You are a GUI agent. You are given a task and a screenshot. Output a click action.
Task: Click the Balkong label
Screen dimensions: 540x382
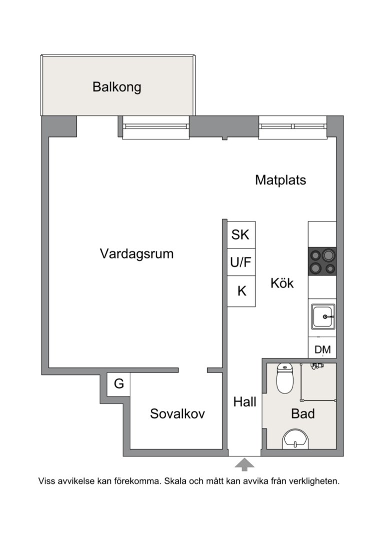(x=117, y=87)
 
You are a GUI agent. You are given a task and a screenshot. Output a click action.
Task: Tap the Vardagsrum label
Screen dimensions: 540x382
(x=136, y=253)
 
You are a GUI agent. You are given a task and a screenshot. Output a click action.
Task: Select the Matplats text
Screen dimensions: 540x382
(x=280, y=180)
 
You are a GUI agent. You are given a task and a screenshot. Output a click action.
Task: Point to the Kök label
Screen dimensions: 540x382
(x=282, y=283)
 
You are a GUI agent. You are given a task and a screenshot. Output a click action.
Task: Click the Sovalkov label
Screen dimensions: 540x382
(x=177, y=414)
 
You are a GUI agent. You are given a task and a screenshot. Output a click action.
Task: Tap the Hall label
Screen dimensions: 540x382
(x=245, y=401)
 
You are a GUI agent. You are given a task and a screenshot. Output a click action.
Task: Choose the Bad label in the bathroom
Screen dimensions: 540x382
(x=303, y=414)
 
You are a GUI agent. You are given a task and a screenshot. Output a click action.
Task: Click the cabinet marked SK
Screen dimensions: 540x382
(x=242, y=234)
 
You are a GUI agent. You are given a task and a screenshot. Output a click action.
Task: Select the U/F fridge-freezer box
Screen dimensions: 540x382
(x=242, y=262)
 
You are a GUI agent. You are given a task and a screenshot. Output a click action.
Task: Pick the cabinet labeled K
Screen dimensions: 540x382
(x=242, y=291)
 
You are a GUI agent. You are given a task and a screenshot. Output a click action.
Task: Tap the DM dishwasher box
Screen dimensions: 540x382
(x=322, y=349)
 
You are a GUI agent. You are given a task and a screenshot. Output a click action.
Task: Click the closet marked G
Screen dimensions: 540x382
(x=119, y=384)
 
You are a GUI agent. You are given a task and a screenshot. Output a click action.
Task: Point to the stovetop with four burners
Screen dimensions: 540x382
(x=322, y=261)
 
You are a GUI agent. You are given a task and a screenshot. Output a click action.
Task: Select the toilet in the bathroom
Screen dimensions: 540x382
(x=285, y=379)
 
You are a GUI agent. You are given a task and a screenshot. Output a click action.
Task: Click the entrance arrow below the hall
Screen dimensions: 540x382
(x=244, y=464)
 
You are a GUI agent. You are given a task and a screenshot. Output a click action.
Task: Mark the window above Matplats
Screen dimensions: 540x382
(x=292, y=128)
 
